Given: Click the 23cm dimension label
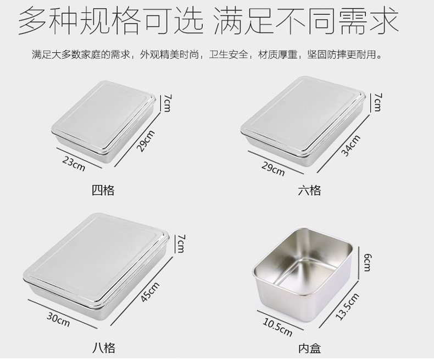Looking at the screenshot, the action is pos(74,164).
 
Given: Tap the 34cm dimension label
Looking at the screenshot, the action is pos(350,145).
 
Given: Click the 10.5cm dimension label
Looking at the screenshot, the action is pos(277,327).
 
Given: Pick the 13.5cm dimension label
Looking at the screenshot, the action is pos(347,306).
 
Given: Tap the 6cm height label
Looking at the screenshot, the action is pos(367,263).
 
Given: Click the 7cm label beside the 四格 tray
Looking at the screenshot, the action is pos(167,103).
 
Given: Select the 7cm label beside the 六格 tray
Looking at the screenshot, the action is pos(377,102).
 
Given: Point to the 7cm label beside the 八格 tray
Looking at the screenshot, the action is pos(181,243).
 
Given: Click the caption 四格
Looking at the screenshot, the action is pos(103,191).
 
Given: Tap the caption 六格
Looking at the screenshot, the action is pos(309,191).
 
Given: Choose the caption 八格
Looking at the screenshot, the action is pos(103,348).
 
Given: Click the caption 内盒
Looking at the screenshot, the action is pos(309,348).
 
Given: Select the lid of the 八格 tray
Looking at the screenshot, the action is pos(96,255).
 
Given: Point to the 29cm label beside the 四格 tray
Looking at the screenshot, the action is pos(146,141).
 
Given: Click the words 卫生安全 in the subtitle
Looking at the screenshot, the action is pos(229,54).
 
